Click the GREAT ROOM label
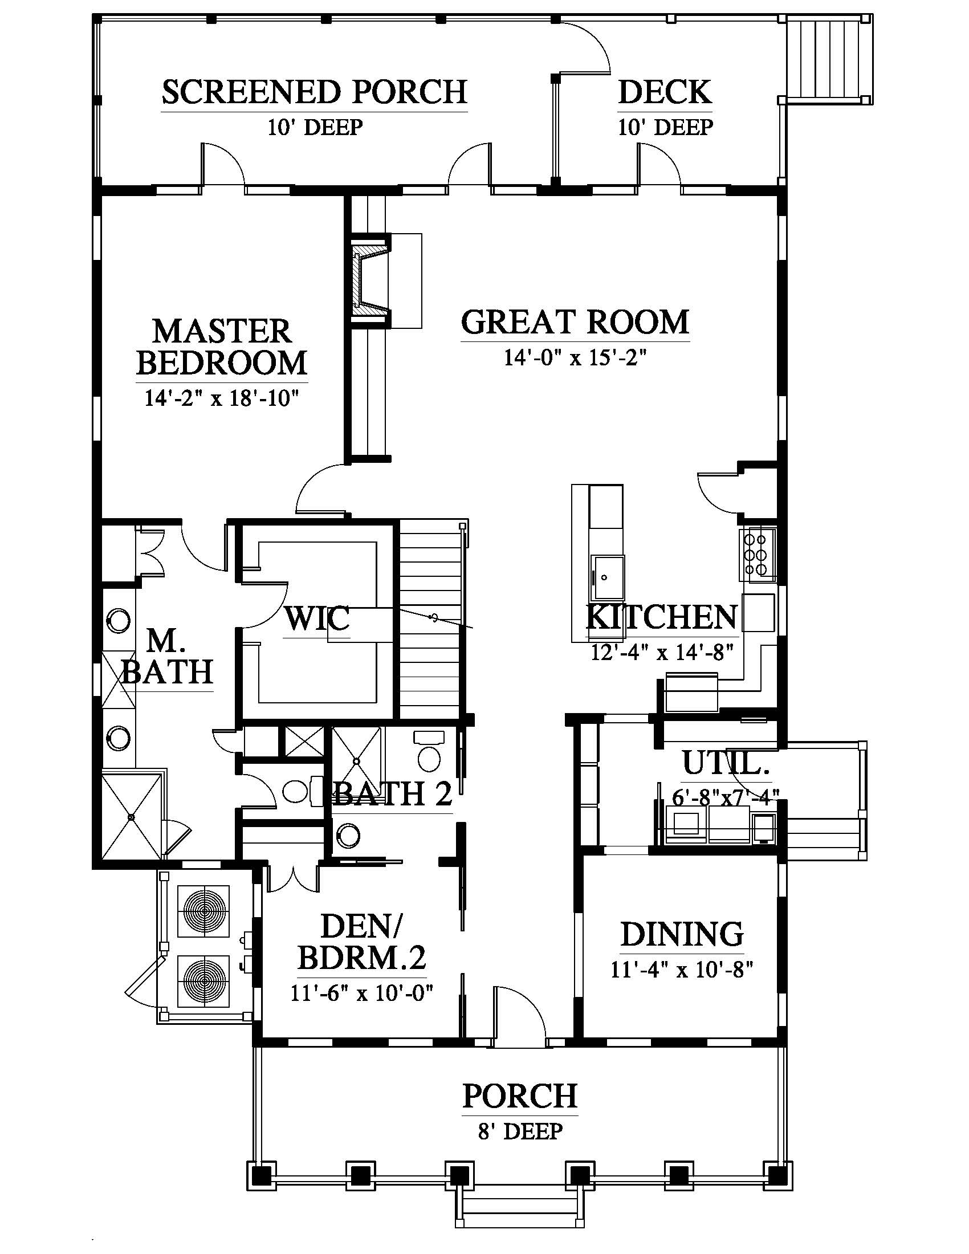tap(575, 322)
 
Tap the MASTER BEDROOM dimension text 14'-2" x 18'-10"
tap(222, 398)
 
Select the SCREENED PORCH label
tap(315, 92)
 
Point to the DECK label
tap(665, 92)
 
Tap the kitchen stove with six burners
tap(757, 555)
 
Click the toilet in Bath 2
tap(429, 752)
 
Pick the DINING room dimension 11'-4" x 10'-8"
tap(681, 970)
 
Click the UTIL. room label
tap(726, 764)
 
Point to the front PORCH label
tap(519, 1096)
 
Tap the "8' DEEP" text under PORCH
tap(519, 1131)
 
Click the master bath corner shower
tap(132, 816)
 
